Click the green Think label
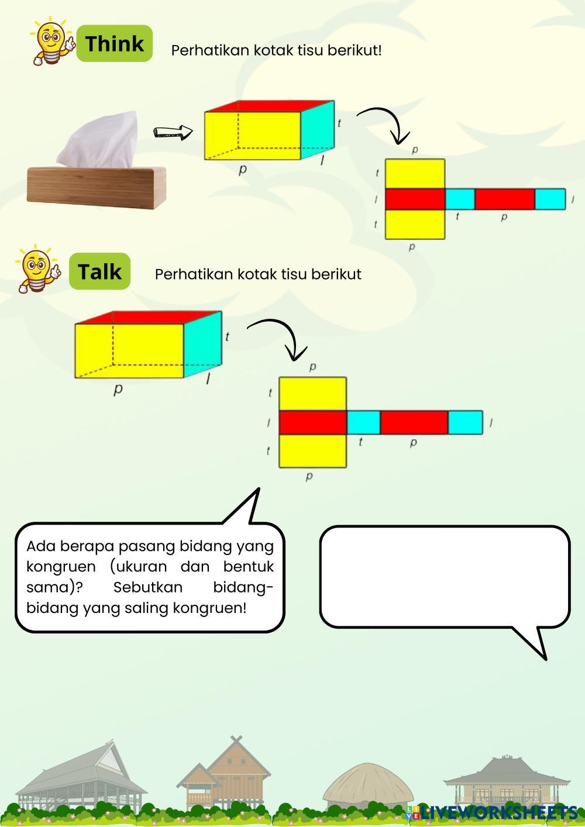(x=115, y=43)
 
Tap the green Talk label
(x=99, y=271)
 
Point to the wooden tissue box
(x=97, y=187)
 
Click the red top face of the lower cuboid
(x=146, y=317)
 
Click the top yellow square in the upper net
(x=415, y=174)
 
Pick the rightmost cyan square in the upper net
(x=550, y=199)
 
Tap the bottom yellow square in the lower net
(x=312, y=451)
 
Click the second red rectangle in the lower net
(x=414, y=422)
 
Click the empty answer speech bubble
(x=445, y=576)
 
